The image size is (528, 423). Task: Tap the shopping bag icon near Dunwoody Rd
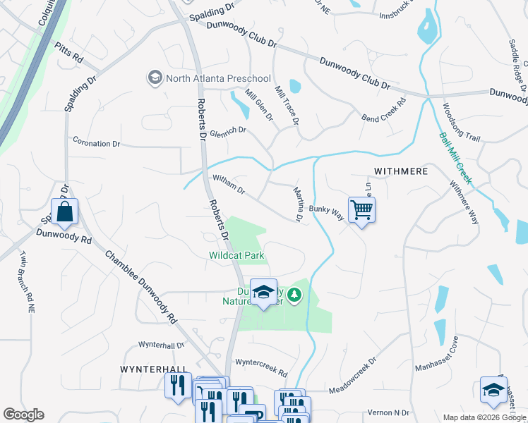pyautogui.click(x=64, y=211)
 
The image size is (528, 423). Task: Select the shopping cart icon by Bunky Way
pyautogui.click(x=361, y=209)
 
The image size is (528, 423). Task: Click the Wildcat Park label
pyautogui.click(x=236, y=255)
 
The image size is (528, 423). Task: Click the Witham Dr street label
pyautogui.click(x=228, y=186)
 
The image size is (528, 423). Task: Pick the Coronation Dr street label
pyautogui.click(x=97, y=144)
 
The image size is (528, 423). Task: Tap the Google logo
pyautogui.click(x=23, y=415)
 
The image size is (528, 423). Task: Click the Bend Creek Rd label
pyautogui.click(x=384, y=109)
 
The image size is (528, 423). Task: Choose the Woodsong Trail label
pyautogui.click(x=460, y=123)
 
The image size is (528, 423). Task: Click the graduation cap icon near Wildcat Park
pyautogui.click(x=263, y=292)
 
